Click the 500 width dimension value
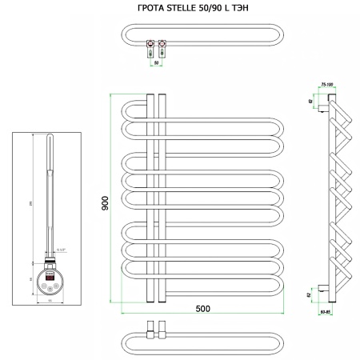point(202,310)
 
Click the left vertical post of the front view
point(150,200)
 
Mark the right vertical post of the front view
point(162,200)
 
